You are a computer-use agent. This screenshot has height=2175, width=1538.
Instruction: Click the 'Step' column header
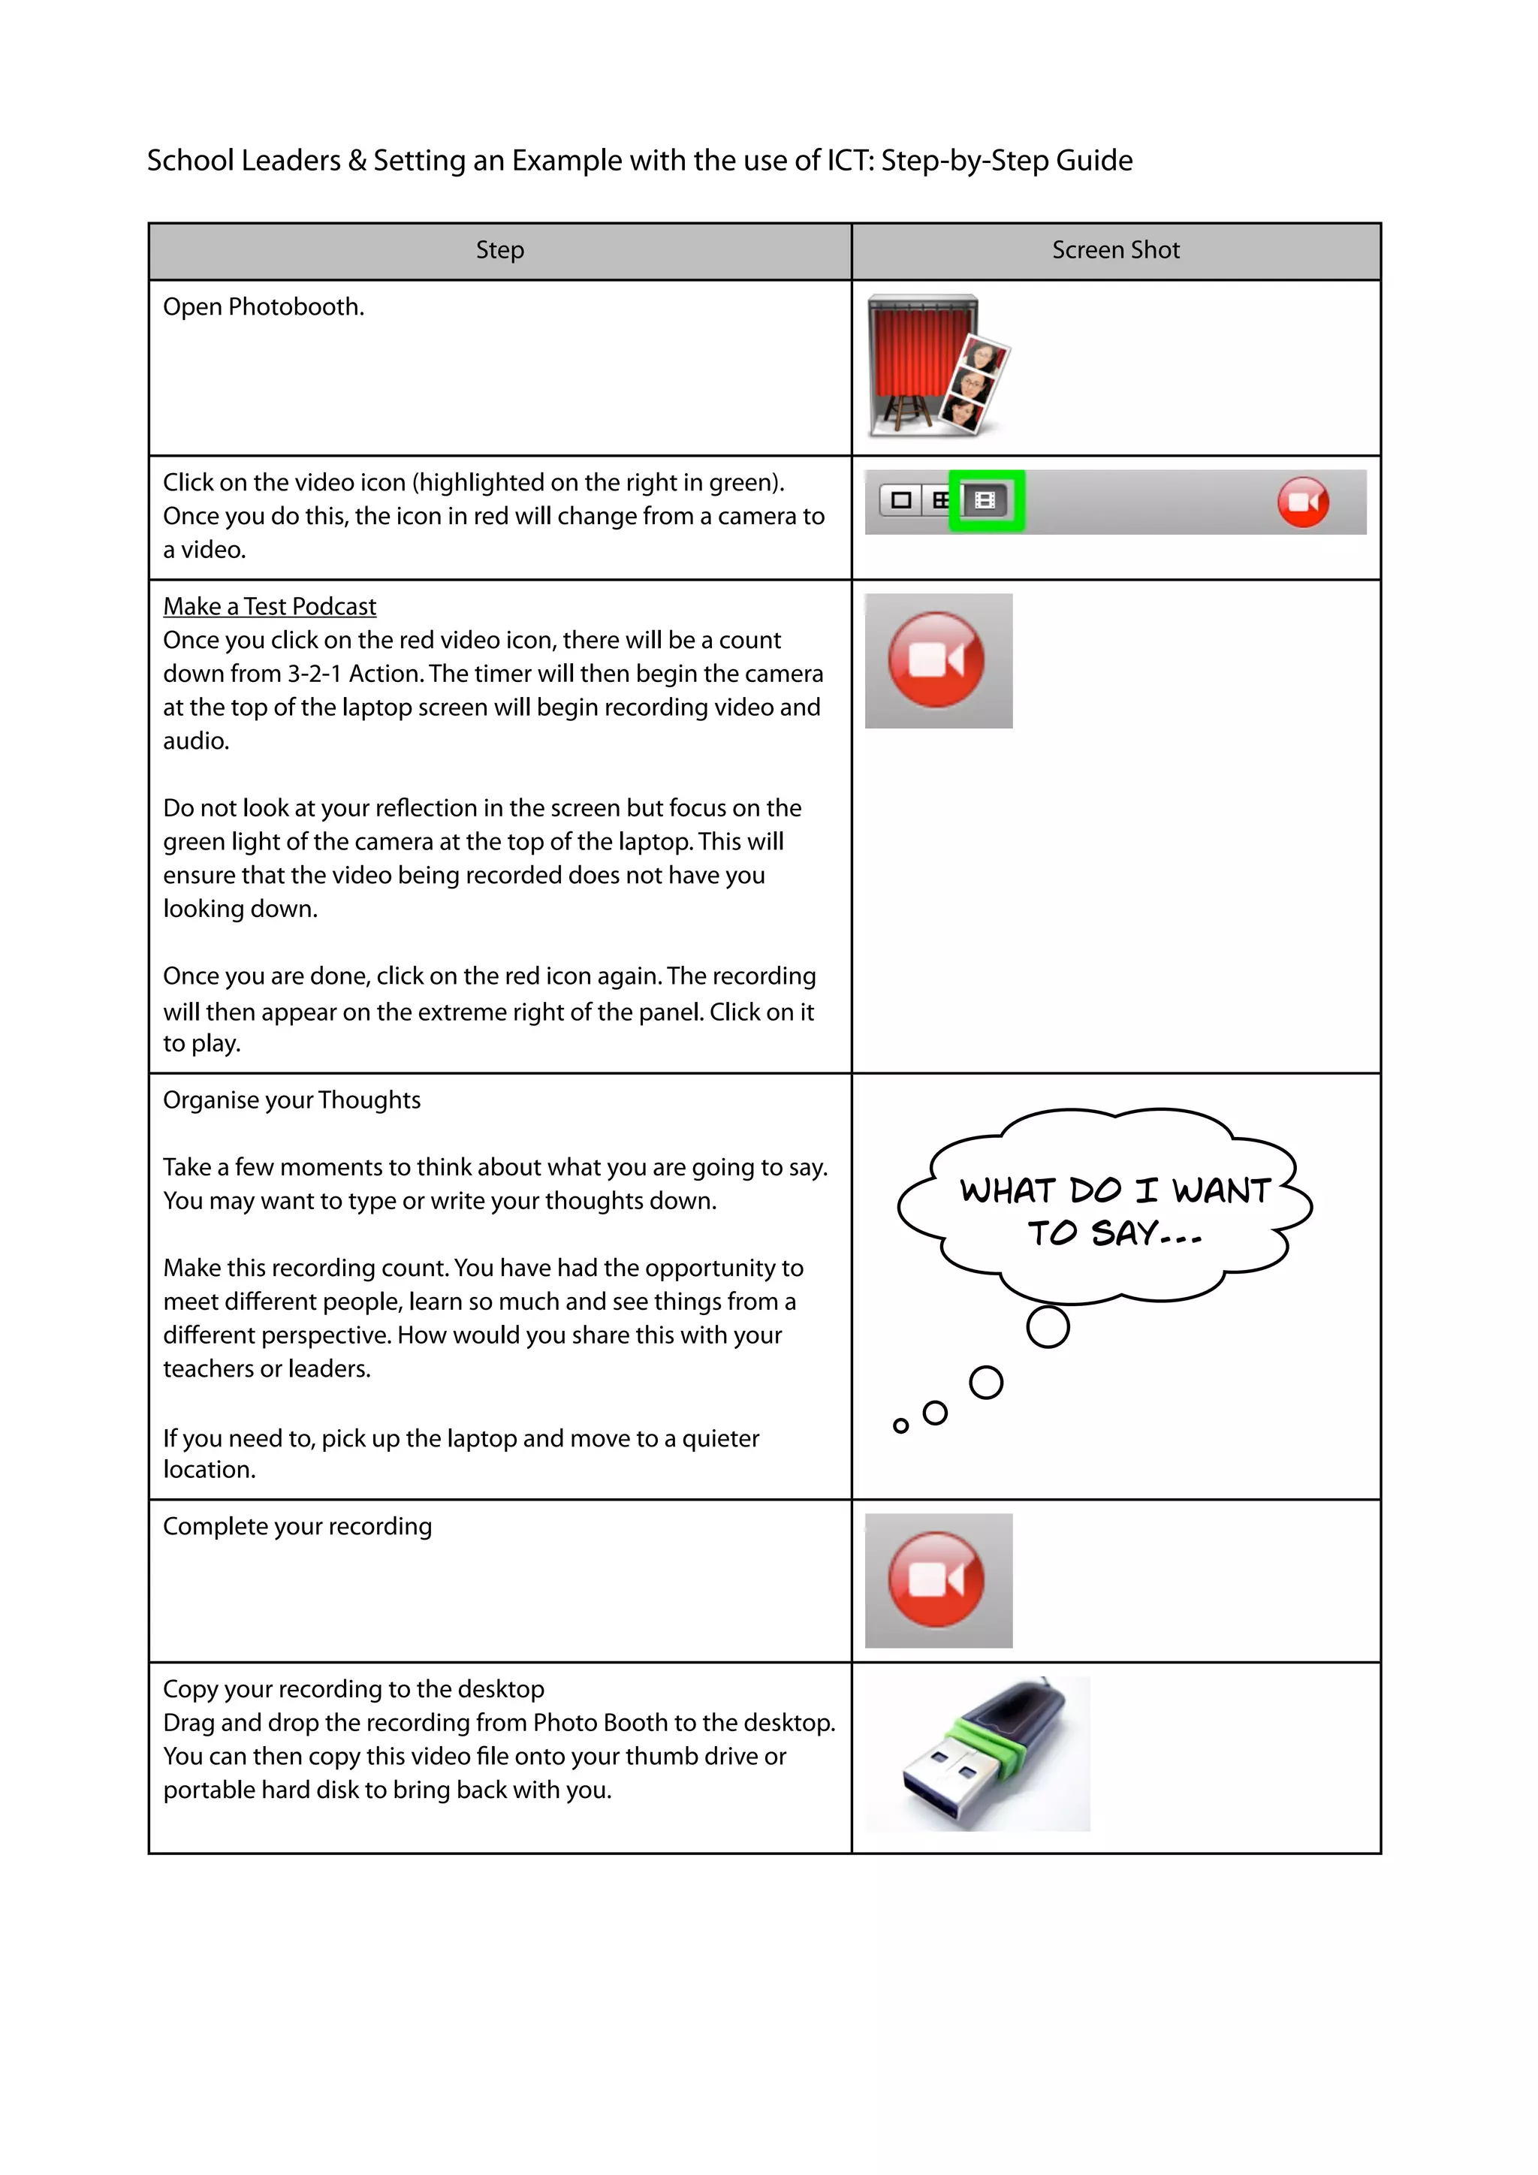pos(499,250)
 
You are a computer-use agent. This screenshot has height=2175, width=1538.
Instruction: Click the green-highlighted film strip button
pos(985,500)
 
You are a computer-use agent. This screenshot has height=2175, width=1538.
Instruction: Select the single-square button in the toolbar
pos(900,500)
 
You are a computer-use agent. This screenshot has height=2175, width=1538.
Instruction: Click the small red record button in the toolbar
pos(1302,502)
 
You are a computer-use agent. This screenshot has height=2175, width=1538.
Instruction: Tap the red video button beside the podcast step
pos(936,659)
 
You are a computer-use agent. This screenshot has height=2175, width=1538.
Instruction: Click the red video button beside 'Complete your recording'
pos(936,1579)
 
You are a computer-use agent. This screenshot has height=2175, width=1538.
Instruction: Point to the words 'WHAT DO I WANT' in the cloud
pos(1114,1190)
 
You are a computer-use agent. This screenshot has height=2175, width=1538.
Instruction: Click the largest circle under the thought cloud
pos(1048,1326)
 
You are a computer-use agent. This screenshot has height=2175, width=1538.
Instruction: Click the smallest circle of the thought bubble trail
pos(900,1425)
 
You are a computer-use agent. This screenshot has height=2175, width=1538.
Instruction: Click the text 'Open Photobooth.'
pos(264,307)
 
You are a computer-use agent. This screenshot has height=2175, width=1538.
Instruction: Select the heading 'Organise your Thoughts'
pos(291,1100)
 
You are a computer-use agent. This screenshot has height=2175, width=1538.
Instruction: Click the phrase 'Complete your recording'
pos(297,1526)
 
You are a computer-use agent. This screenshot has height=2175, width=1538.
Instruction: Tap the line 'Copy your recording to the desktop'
pos(353,1689)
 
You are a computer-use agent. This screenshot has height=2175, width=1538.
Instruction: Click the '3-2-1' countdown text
pos(315,674)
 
